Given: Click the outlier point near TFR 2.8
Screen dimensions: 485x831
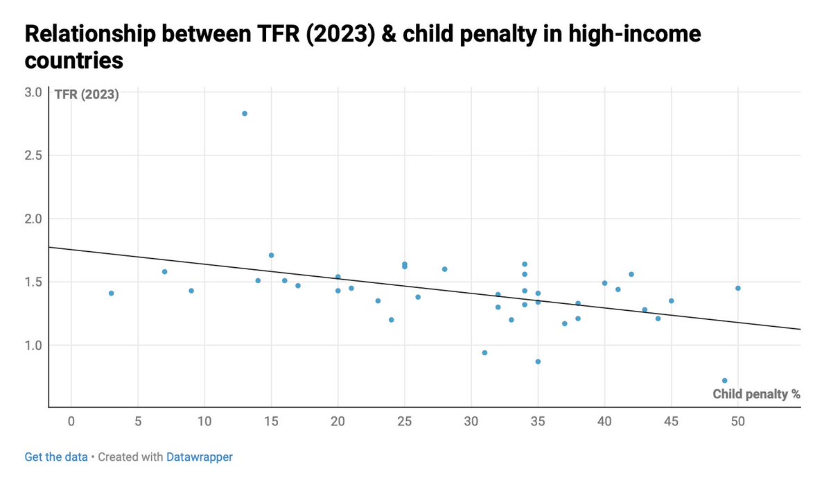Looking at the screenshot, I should click(245, 113).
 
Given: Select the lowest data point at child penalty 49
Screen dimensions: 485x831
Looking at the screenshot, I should click(724, 380).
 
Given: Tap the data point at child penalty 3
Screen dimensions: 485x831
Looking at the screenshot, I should click(111, 293).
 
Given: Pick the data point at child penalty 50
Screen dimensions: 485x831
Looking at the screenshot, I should click(737, 288).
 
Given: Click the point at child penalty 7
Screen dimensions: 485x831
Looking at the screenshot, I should click(164, 271).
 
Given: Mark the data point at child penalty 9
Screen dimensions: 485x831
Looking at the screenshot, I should click(191, 291).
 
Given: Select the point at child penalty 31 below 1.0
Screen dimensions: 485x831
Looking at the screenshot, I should click(484, 352).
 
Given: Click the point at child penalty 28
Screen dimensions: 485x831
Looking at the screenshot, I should click(444, 269).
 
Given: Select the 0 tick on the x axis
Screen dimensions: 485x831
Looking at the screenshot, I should click(71, 421).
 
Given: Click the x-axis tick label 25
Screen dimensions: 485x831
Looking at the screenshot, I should click(405, 421).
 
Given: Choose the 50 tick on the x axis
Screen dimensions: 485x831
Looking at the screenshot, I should click(738, 421).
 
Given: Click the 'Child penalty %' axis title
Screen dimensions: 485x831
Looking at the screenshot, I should click(756, 394).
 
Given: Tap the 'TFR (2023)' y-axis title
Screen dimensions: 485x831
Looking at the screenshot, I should click(87, 95).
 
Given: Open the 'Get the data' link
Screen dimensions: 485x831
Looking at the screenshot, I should click(56, 457).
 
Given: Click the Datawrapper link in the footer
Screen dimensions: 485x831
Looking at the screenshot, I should click(200, 457).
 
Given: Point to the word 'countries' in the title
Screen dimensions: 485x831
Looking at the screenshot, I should click(74, 60).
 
